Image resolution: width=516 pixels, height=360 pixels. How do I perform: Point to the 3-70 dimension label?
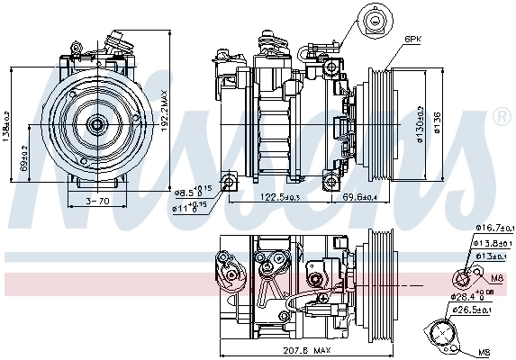tap(96, 201)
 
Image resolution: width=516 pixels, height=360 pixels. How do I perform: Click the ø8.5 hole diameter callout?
tap(193, 191)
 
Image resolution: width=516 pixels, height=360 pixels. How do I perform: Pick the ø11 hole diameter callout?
tap(193, 206)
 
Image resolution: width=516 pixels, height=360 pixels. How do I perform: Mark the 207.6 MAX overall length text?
tap(281, 352)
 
